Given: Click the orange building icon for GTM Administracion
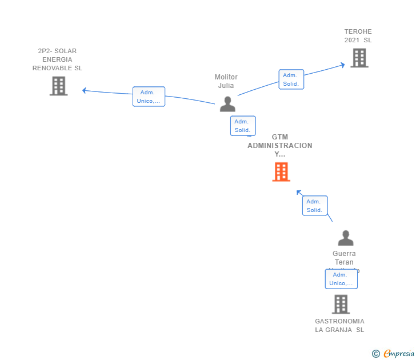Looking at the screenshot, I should pos(281,171).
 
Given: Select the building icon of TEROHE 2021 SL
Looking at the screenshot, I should pos(359,58).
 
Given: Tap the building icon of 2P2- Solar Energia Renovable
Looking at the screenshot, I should pos(58,86).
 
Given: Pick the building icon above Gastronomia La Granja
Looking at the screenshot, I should pos(341,304).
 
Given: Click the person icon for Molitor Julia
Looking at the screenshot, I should pos(227,104).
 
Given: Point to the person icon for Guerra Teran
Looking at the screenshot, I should pos(345,238).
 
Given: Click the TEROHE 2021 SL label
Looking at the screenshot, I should pos(358,36).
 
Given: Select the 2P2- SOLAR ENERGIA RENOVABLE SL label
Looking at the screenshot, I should pos(57,59).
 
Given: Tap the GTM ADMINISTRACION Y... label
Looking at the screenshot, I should pos(280,146).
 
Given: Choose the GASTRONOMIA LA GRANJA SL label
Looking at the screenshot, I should pos(339,325).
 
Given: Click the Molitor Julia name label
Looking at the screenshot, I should pos(226,81).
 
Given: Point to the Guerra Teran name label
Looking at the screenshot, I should pos(344,258).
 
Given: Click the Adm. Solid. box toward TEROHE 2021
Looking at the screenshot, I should pos(291,79).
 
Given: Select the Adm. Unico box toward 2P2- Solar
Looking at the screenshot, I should pos(149,97).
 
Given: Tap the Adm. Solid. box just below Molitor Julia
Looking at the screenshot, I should pos(242,126).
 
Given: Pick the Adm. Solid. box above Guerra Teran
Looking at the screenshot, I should pos(314,206).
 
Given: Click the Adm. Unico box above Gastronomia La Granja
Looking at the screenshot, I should pos(341,279).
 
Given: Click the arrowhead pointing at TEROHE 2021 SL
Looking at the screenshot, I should pos(342,65).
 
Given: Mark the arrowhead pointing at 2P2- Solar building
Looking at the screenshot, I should pos(85,90).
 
